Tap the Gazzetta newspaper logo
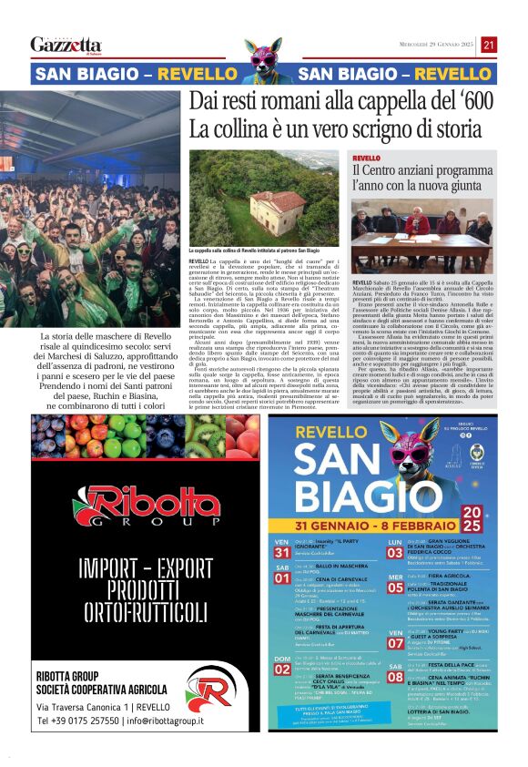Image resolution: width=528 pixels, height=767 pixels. point(66,45)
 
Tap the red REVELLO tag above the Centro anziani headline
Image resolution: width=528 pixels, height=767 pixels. point(367,159)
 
